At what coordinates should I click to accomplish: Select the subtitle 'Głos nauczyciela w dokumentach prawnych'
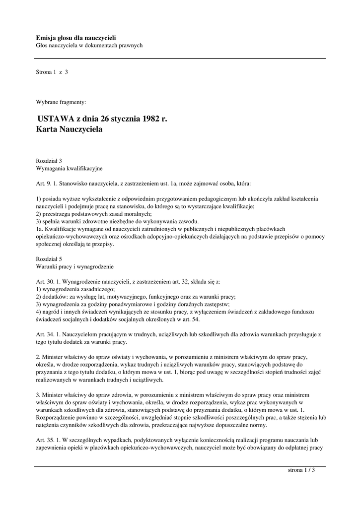[89, 46]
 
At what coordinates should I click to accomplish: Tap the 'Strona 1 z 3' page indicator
[52, 72]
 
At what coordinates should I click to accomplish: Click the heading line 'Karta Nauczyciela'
[69, 130]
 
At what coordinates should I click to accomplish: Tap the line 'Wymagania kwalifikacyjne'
[69, 168]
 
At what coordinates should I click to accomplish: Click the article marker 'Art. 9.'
[45, 183]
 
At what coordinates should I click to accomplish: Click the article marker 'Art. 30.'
[46, 282]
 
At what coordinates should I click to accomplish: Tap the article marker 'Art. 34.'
[46, 335]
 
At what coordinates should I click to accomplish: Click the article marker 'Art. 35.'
[46, 441]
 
